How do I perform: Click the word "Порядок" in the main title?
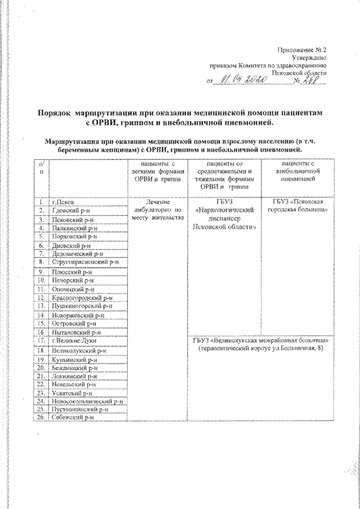56,113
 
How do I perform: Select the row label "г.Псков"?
61,201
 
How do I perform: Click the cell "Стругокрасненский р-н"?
85,262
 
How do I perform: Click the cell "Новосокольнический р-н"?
87,401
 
